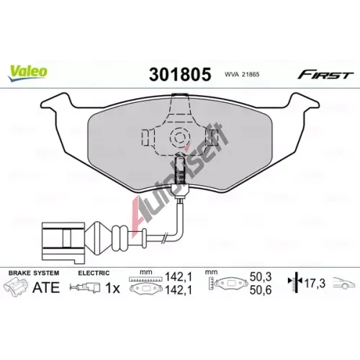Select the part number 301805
coord(180,74)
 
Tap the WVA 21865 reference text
coord(242,75)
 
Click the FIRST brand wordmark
coord(325,75)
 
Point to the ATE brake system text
coord(46,287)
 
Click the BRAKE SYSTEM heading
coord(34,273)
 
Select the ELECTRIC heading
coord(94,273)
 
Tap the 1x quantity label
coord(112,288)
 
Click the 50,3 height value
coord(261,277)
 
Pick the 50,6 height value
coord(261,290)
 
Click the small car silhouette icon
coord(343,283)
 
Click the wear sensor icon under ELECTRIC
coord(85,287)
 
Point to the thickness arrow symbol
coord(296,283)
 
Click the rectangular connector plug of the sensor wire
coord(63,243)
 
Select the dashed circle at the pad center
coord(179,138)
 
